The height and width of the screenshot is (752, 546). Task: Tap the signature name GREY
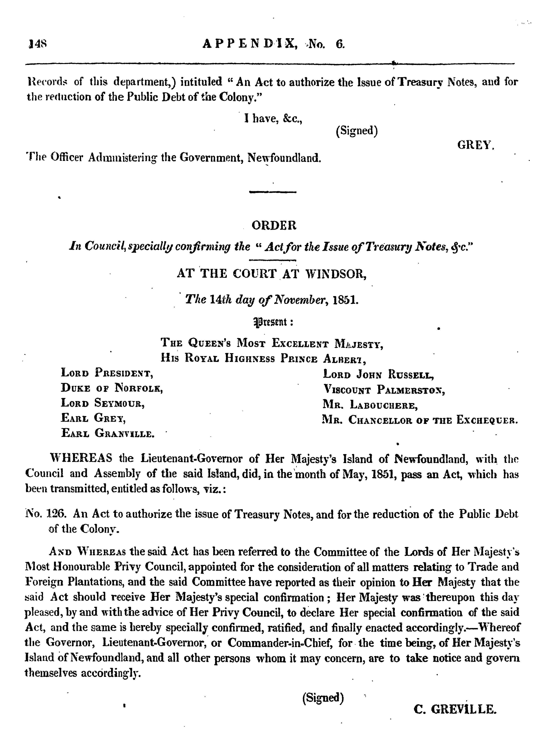tap(475, 145)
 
